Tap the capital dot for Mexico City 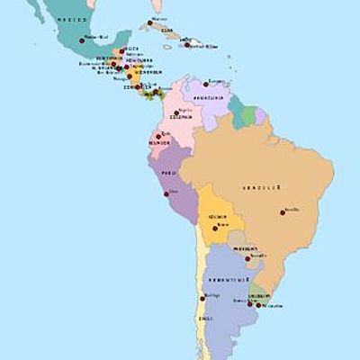click(x=82, y=40)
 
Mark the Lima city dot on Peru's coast click(x=166, y=193)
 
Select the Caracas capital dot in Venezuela click(x=206, y=84)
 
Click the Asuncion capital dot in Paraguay click(x=248, y=258)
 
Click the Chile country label click(x=204, y=318)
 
